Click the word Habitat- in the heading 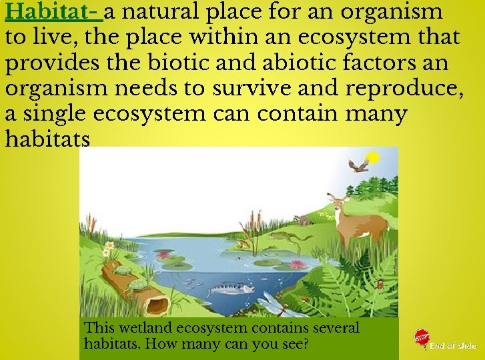point(53,11)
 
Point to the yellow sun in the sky point(374,157)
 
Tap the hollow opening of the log point(158,306)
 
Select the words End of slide point(453,345)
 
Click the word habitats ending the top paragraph point(47,139)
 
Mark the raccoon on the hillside point(304,219)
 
